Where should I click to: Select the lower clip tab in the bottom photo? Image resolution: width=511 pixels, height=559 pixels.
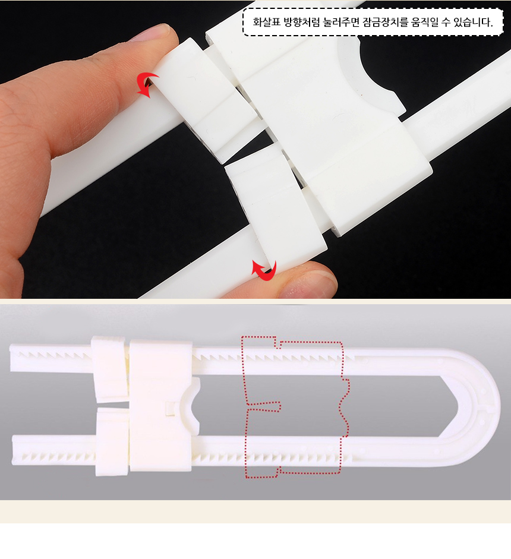click(112, 442)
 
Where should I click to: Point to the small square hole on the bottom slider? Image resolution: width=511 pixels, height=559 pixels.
click(171, 409)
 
